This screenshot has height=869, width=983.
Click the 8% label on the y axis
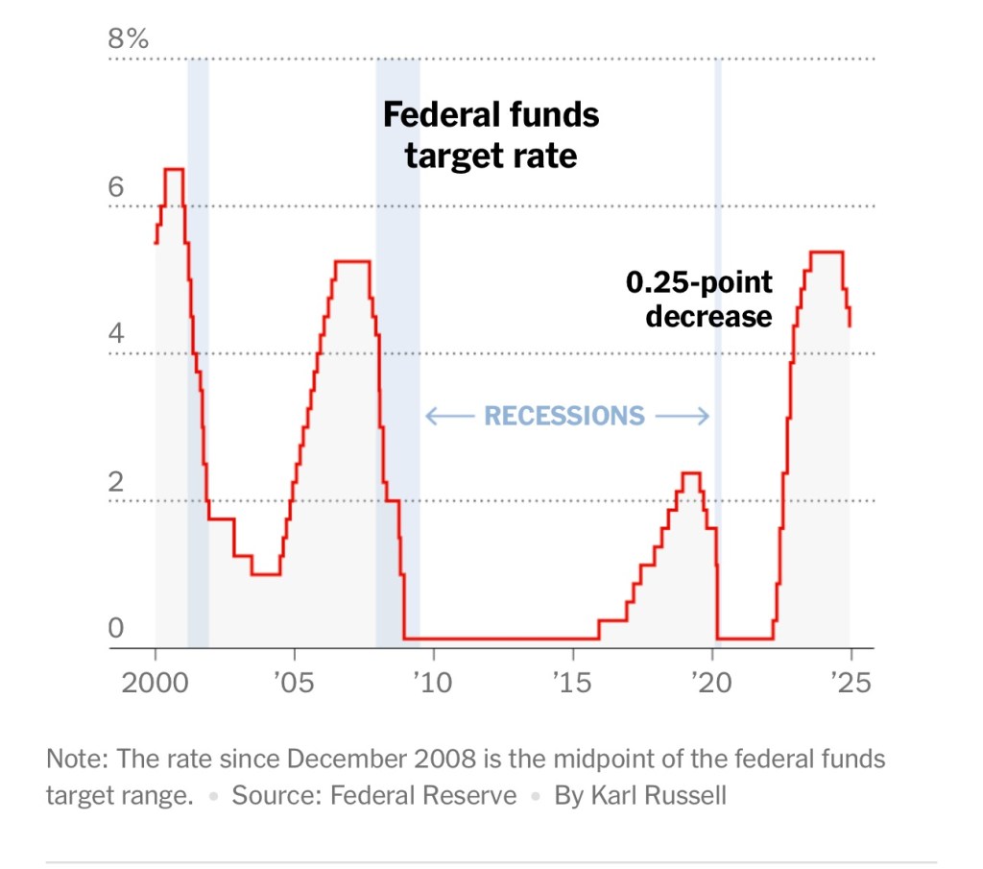tap(128, 40)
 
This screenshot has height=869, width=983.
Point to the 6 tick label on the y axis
tap(116, 187)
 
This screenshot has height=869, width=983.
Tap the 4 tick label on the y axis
tap(116, 335)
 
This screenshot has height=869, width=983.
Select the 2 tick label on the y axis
tap(116, 482)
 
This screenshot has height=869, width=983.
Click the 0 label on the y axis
tap(116, 629)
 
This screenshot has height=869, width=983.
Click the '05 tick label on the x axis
tap(292, 683)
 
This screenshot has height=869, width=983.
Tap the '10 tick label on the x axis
tap(432, 683)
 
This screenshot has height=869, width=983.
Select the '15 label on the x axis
tap(571, 683)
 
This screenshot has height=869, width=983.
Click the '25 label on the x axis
tap(850, 683)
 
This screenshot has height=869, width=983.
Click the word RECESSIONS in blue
tap(564, 416)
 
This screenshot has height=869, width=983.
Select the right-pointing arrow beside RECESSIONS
tap(683, 416)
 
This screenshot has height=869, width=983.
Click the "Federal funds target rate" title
tap(491, 134)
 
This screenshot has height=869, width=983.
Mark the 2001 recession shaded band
tap(198, 384)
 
